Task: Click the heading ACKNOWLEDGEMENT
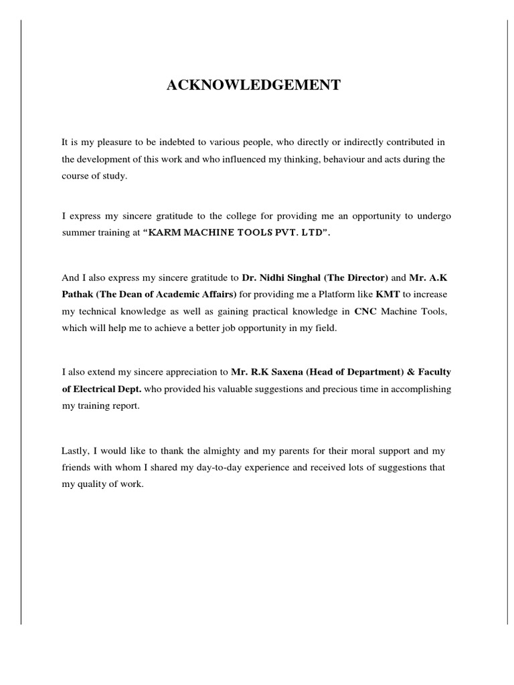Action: pos(254,85)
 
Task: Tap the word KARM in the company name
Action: pos(165,233)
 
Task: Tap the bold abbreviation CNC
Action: pos(366,311)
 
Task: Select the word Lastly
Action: pos(76,450)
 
